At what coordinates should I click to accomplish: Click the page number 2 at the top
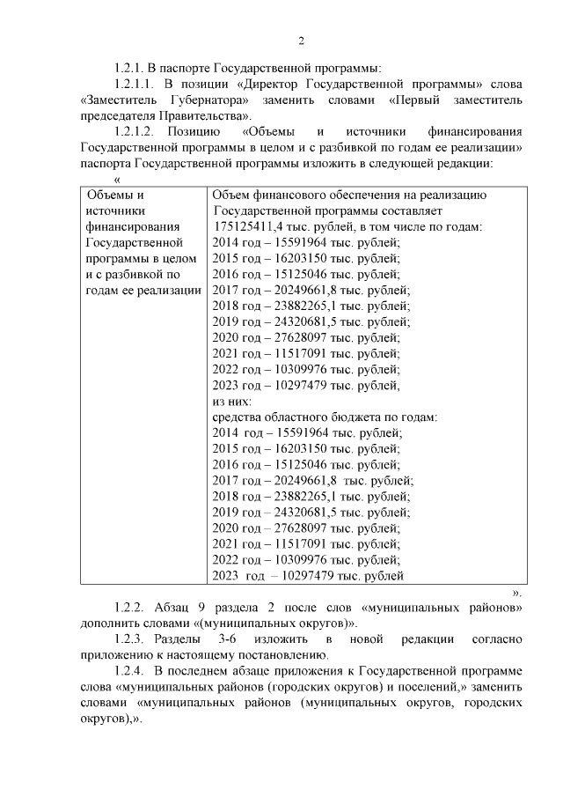pyautogui.click(x=301, y=41)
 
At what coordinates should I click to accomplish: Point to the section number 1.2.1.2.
pyautogui.click(x=139, y=131)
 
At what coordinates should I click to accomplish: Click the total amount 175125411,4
pyautogui.click(x=249, y=227)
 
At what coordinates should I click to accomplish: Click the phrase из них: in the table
pyautogui.click(x=233, y=402)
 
